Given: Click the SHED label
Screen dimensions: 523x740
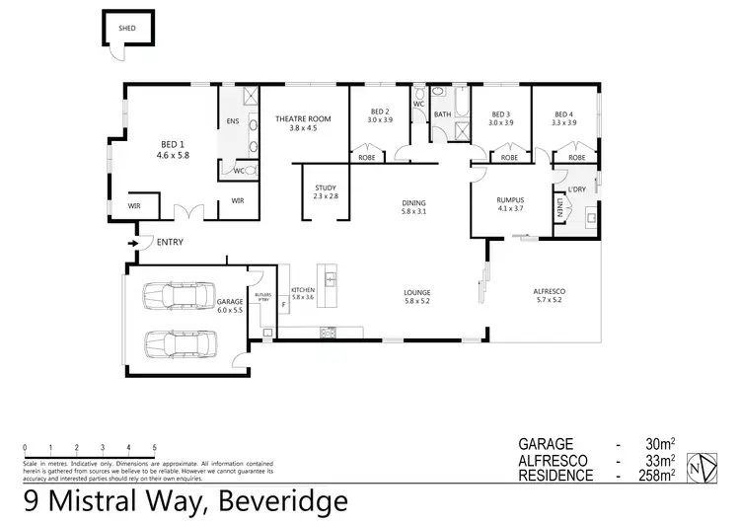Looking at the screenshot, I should [127, 29].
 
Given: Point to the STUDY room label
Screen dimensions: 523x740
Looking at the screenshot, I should [326, 191].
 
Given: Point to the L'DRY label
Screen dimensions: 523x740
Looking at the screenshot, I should [577, 188].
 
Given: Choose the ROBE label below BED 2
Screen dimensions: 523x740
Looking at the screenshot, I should [366, 157].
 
